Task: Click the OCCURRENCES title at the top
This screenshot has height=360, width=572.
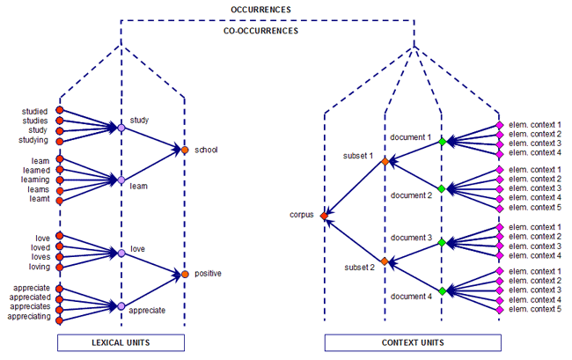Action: [x=260, y=9]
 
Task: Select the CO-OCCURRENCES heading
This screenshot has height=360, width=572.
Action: [x=260, y=30]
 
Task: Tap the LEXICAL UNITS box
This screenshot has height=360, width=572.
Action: [x=121, y=342]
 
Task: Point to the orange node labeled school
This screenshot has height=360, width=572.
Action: [x=184, y=151]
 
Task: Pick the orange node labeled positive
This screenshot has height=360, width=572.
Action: [x=184, y=275]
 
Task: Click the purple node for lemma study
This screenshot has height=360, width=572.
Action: [x=121, y=129]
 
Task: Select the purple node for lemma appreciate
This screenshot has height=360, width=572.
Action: [x=121, y=306]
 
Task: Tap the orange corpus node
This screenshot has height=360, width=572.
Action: [x=325, y=215]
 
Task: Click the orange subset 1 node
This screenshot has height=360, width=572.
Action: [x=385, y=161]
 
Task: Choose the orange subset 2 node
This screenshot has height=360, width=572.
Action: [x=385, y=261]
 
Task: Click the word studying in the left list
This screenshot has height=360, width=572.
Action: [x=33, y=140]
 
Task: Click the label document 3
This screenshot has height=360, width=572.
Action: [x=411, y=238]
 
